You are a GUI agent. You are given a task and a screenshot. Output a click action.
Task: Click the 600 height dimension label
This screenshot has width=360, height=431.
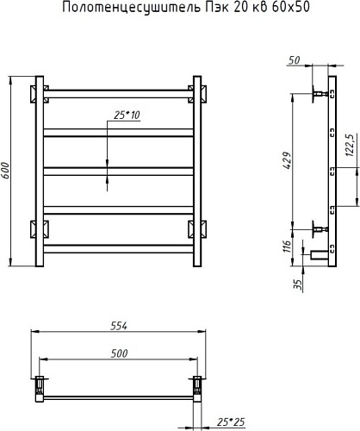(6, 171)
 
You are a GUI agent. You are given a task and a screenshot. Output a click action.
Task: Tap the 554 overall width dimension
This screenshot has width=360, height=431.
(119, 326)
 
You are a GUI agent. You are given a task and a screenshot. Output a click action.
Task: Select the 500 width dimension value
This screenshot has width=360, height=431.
(119, 353)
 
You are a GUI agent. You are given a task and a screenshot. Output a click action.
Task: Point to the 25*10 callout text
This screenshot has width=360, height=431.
(127, 115)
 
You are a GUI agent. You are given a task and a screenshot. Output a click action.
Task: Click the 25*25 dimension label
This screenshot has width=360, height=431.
(231, 422)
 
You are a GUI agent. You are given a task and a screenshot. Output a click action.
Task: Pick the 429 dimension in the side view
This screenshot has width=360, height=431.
(287, 160)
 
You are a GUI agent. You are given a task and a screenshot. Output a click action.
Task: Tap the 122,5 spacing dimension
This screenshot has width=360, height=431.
(349, 145)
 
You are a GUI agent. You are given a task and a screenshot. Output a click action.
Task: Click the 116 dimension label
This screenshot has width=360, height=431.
(287, 246)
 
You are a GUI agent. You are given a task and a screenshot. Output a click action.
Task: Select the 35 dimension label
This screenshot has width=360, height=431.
(299, 284)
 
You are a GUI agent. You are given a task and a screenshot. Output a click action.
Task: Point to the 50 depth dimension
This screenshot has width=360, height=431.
(294, 60)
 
